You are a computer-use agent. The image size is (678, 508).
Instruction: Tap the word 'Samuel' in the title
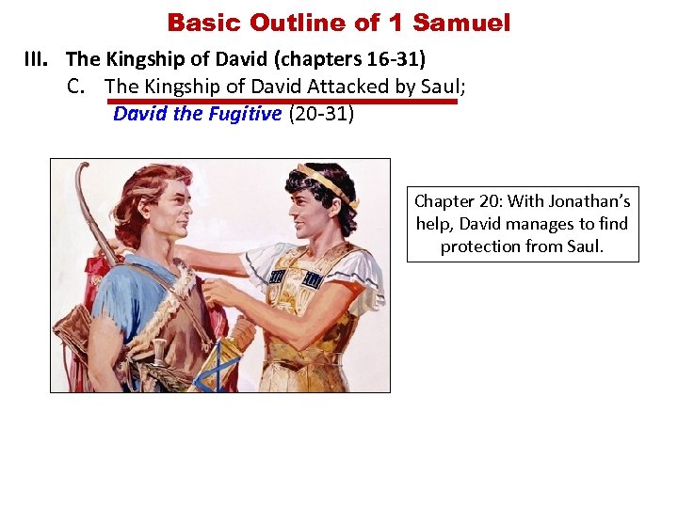click(461, 22)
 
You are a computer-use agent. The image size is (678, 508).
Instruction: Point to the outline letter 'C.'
click(80, 87)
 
